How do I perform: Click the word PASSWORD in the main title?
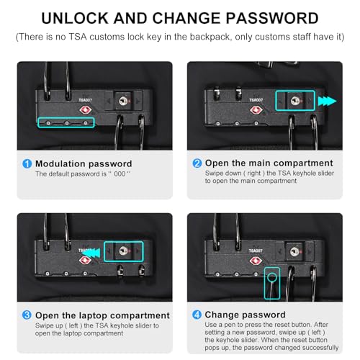pyautogui.click(x=272, y=18)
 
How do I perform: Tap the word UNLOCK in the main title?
pyautogui.click(x=75, y=18)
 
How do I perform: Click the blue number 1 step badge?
pyautogui.click(x=27, y=164)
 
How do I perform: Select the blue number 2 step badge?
pyautogui.click(x=197, y=163)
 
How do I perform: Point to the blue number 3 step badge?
pyautogui.click(x=27, y=315)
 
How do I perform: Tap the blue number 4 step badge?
pyautogui.click(x=197, y=315)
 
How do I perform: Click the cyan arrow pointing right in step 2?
pyautogui.click(x=327, y=101)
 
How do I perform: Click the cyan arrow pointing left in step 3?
pyautogui.click(x=91, y=253)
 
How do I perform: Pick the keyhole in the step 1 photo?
pyautogui.click(x=123, y=101)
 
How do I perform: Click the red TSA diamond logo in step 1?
pyautogui.click(x=86, y=110)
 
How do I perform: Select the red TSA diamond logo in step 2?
pyautogui.click(x=256, y=110)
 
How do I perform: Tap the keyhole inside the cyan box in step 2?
pyautogui.click(x=295, y=101)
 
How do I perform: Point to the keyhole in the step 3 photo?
pyautogui.click(x=124, y=251)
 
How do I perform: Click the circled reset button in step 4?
pyautogui.click(x=272, y=278)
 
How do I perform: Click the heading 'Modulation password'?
pyautogui.click(x=84, y=163)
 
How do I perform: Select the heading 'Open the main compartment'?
pyautogui.click(x=269, y=163)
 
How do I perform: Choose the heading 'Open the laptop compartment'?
pyautogui.click(x=102, y=315)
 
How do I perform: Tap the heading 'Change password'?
pyautogui.click(x=246, y=315)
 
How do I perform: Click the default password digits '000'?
pyautogui.click(x=120, y=174)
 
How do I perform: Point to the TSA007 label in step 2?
pyautogui.click(x=256, y=100)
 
